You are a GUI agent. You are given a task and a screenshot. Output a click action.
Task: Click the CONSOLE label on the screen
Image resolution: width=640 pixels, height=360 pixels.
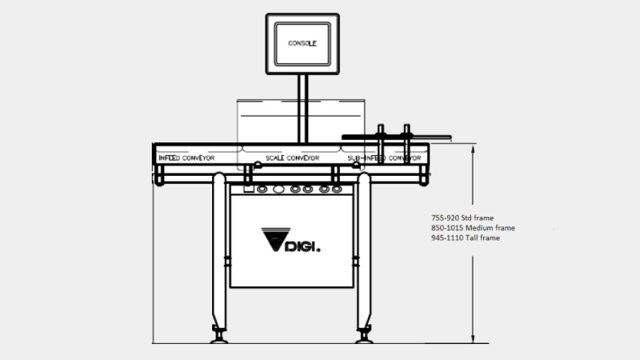[x=302, y=43]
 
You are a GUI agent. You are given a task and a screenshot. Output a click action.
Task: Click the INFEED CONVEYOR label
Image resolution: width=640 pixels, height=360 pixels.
[x=186, y=158]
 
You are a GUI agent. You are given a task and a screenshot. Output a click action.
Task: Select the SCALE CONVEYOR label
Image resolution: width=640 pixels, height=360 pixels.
[x=292, y=158]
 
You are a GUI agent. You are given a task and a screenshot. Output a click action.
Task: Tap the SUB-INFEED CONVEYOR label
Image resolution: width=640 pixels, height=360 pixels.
[x=384, y=158]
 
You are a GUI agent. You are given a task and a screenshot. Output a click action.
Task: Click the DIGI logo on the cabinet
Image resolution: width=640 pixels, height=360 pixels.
[x=290, y=240]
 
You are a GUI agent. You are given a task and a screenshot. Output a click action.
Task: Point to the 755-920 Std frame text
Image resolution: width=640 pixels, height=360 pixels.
[x=462, y=218]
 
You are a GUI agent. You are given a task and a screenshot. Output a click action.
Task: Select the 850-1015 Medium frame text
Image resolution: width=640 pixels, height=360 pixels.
[x=473, y=228]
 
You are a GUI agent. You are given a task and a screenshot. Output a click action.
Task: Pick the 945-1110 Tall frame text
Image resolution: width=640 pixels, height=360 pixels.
[x=466, y=238]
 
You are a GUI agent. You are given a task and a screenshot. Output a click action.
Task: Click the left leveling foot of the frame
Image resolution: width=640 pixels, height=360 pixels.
[x=219, y=334]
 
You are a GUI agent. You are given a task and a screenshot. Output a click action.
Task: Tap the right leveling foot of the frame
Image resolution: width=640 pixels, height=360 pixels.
[x=364, y=334]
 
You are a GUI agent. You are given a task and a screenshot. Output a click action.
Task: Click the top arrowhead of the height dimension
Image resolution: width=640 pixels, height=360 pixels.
[x=473, y=148]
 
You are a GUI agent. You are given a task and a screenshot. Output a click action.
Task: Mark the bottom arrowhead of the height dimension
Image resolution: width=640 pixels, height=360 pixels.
[x=473, y=338]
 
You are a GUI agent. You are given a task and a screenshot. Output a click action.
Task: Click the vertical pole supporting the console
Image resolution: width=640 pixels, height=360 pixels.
[x=302, y=109]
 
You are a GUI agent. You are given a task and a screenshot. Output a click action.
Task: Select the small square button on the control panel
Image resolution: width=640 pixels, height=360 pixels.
[x=249, y=189]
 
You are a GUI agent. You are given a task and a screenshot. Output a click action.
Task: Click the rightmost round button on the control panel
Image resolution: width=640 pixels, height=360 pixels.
[x=336, y=189]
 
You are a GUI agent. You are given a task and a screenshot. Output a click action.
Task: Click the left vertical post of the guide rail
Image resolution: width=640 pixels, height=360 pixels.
[x=381, y=144]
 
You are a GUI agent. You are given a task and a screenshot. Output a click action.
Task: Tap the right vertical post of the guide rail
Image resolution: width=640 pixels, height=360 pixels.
[x=406, y=144]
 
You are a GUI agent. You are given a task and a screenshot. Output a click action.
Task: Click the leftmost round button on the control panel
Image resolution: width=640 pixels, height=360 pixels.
[x=262, y=189]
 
